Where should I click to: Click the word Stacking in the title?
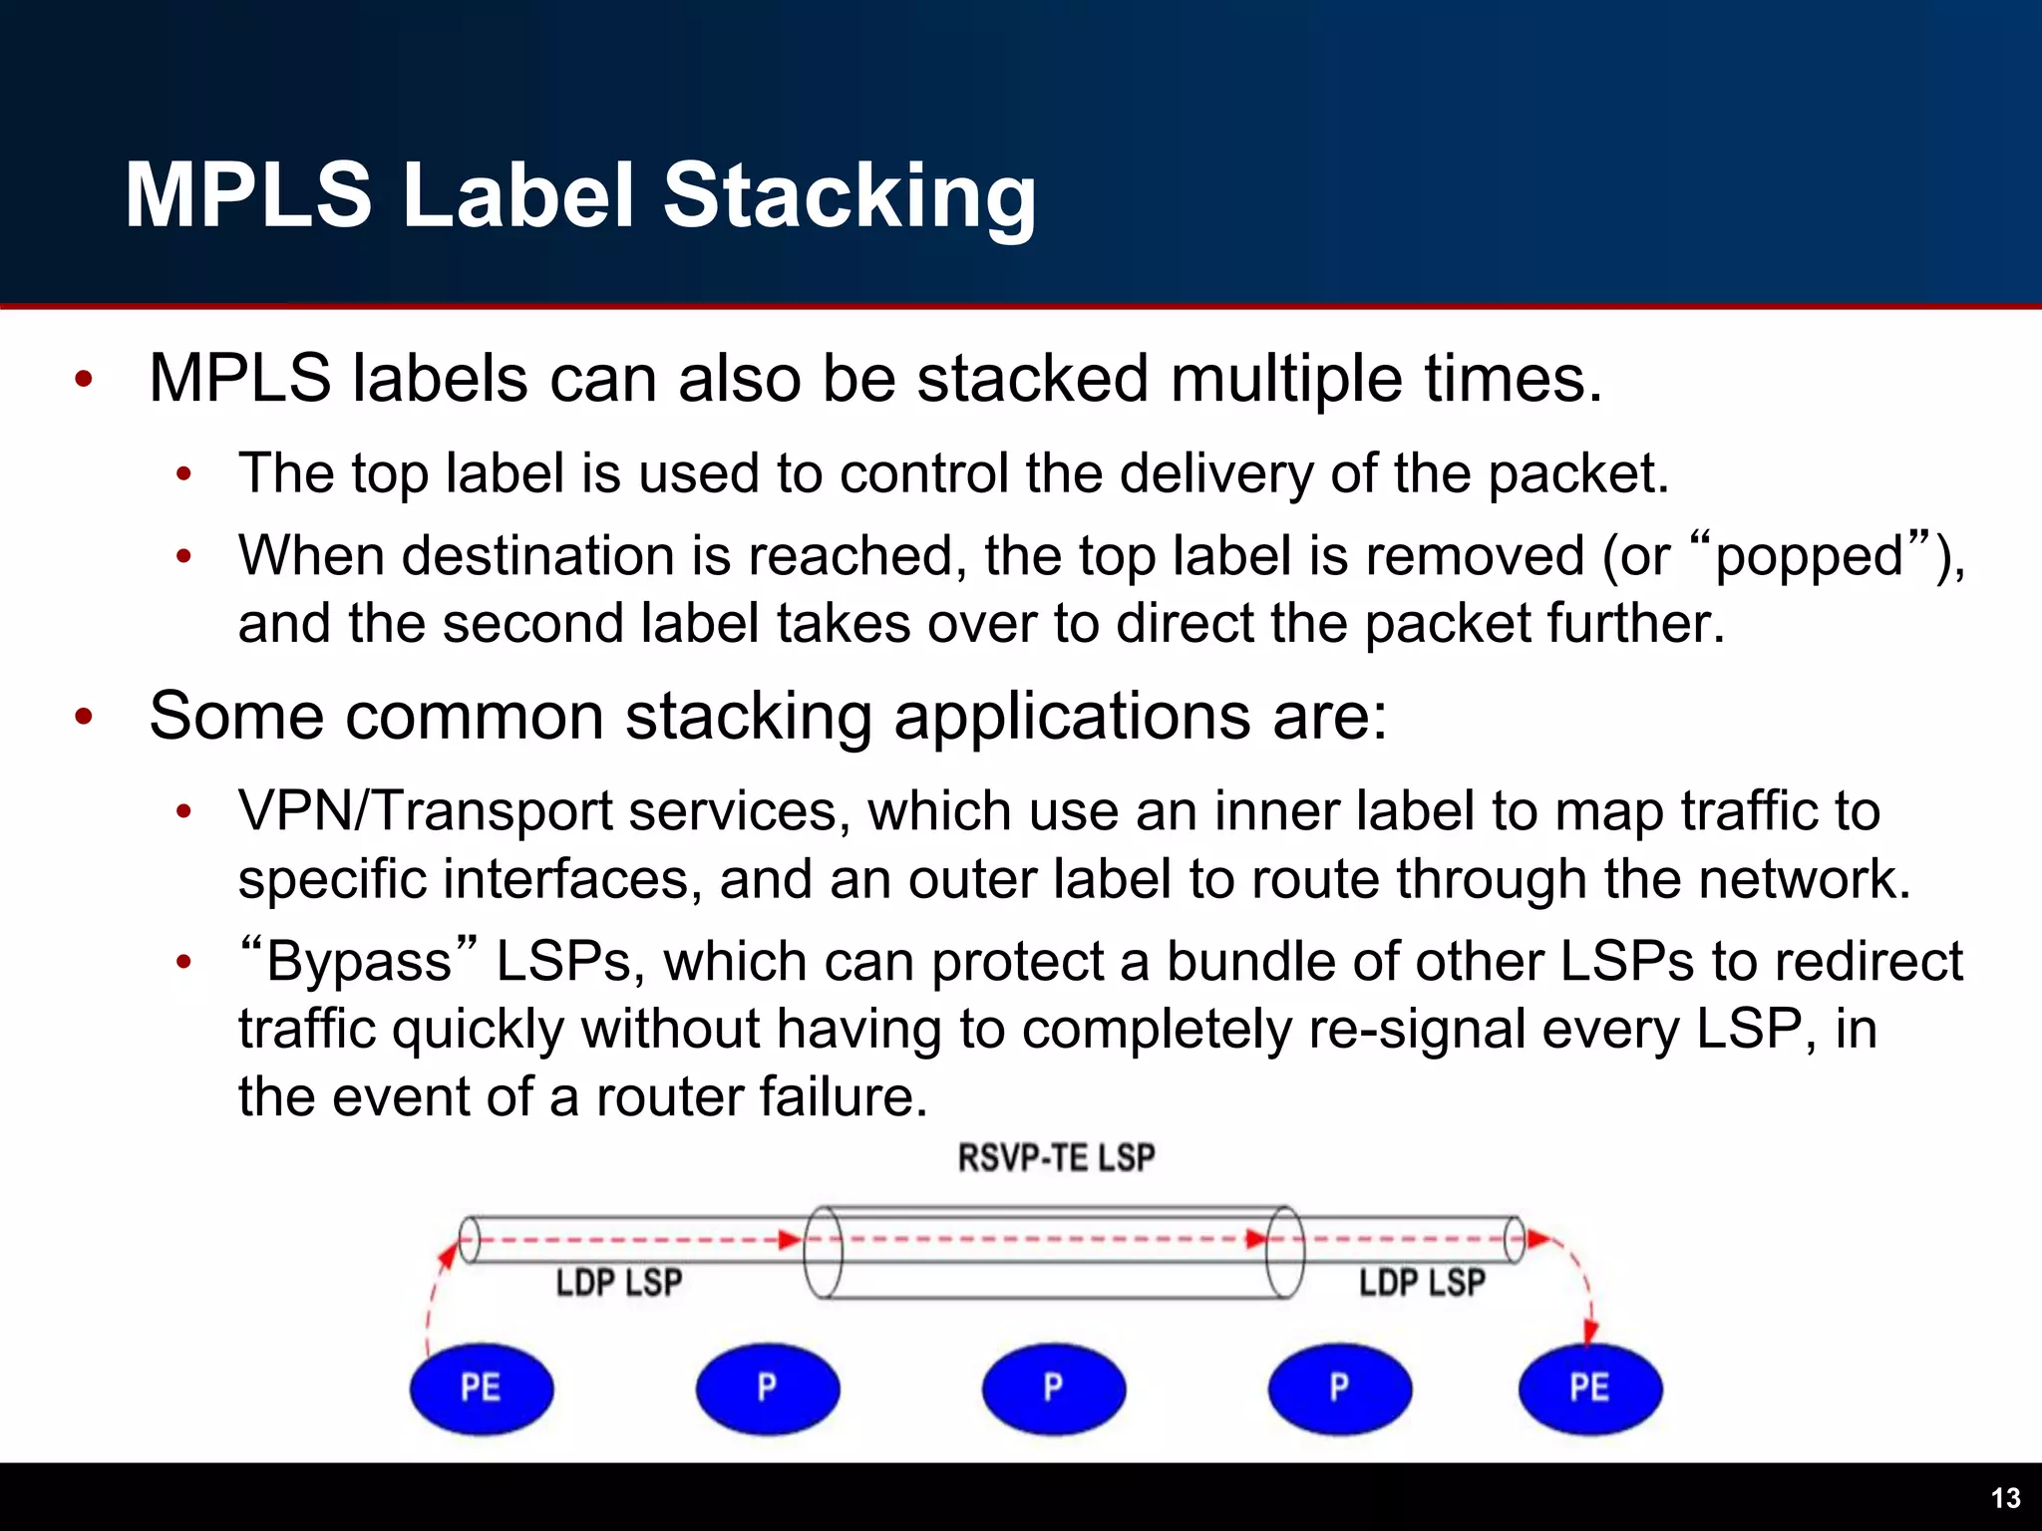(x=850, y=196)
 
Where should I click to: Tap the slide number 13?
(x=2005, y=1498)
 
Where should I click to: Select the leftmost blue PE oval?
(x=482, y=1388)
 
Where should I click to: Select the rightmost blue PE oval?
(x=1589, y=1388)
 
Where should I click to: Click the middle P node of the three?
(x=1053, y=1388)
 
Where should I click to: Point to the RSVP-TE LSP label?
(x=1056, y=1158)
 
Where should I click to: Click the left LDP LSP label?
(x=618, y=1283)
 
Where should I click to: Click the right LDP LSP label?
(x=1422, y=1283)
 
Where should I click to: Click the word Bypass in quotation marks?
(x=359, y=963)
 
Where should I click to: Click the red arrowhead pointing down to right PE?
(x=1590, y=1331)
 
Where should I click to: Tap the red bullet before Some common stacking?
(x=84, y=717)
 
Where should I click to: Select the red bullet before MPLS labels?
(x=84, y=380)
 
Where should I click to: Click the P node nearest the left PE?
(x=767, y=1388)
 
